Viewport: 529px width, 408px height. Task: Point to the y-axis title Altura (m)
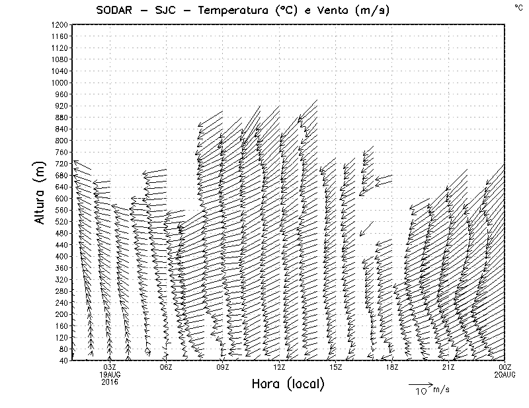coord(40,192)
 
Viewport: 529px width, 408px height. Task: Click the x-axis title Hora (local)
coord(288,384)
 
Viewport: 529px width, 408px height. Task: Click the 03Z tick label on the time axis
coord(110,367)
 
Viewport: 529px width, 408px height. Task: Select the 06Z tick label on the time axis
coord(166,367)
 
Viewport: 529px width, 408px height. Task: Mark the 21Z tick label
coord(448,367)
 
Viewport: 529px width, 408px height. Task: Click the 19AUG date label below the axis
coord(110,374)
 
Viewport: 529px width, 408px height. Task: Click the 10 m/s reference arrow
coord(420,384)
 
